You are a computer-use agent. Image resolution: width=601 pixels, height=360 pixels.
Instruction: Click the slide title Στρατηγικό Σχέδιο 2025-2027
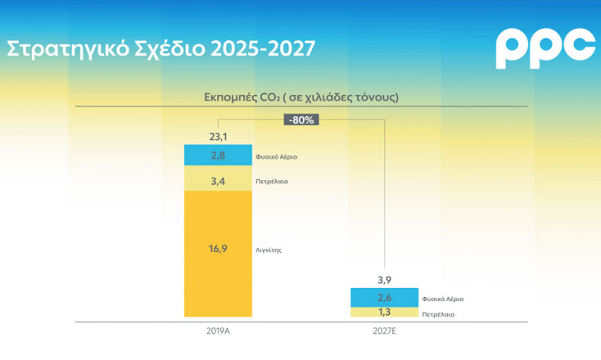pos(160,48)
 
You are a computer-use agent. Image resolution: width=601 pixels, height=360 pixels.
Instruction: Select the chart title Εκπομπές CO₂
pos(300,97)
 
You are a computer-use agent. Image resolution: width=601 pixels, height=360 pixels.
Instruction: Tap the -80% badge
pos(300,119)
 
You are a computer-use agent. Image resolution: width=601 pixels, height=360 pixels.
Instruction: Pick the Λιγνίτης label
pos(269,250)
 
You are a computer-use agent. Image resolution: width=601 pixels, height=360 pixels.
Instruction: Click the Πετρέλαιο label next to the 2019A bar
pos(271,181)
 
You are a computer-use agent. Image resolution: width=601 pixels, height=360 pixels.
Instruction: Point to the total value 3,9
pos(383,280)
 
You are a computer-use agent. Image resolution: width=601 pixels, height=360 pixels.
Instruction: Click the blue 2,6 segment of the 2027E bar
pos(383,298)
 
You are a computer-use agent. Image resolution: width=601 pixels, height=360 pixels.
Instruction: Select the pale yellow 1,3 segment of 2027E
pos(383,313)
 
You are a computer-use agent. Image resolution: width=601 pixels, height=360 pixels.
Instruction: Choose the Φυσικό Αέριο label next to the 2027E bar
pos(443,299)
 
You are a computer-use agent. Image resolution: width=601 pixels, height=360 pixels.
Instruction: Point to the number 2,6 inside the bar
pos(383,298)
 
